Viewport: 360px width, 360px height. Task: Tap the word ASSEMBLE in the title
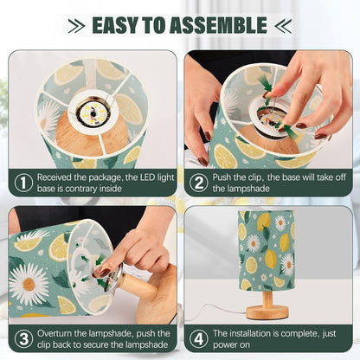click(218, 25)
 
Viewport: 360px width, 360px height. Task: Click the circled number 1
click(23, 183)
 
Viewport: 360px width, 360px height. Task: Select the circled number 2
click(199, 183)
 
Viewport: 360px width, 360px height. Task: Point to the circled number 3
click(23, 338)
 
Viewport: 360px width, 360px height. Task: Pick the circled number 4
click(199, 338)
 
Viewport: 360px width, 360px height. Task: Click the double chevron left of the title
click(77, 26)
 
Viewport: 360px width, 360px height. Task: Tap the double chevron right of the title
click(283, 26)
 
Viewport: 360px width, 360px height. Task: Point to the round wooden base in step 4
click(267, 312)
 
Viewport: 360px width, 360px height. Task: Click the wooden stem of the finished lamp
click(268, 299)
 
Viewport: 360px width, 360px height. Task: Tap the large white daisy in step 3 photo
click(29, 284)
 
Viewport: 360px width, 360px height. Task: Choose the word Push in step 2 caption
click(222, 177)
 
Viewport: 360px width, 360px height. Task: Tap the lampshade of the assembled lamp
click(267, 250)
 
